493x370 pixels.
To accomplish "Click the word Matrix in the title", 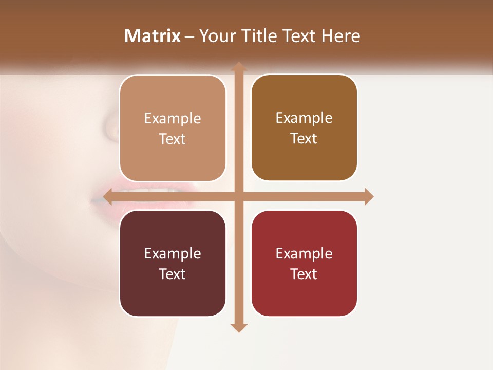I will pyautogui.click(x=153, y=36).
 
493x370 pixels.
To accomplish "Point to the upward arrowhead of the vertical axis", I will pyautogui.click(x=238, y=67).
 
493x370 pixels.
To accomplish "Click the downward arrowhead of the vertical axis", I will pyautogui.click(x=238, y=327).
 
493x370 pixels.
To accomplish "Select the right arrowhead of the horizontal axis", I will pyautogui.click(x=368, y=196).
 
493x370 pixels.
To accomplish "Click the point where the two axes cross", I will pyautogui.click(x=238, y=196).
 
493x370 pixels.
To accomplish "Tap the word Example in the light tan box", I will pyautogui.click(x=173, y=119).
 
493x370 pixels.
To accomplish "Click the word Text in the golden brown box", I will pyautogui.click(x=304, y=139).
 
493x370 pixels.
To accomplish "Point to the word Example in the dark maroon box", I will pyautogui.click(x=173, y=254).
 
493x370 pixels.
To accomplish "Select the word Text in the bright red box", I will pyautogui.click(x=304, y=274).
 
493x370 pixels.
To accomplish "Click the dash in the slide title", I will pyautogui.click(x=190, y=36).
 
